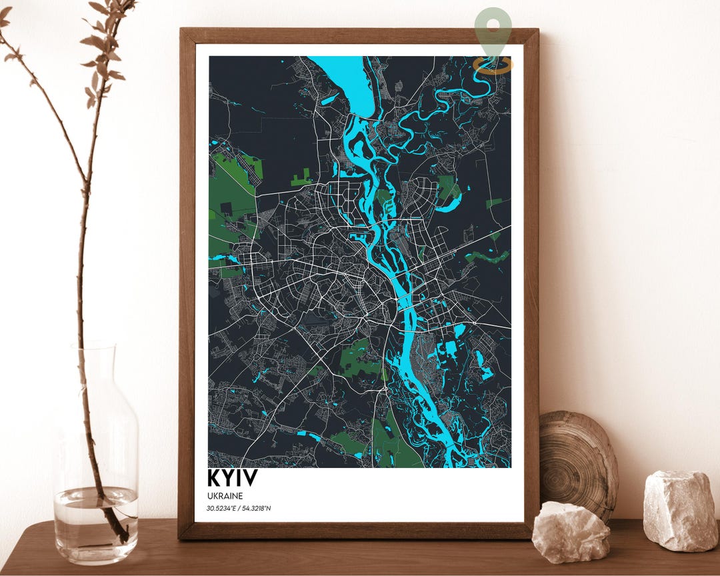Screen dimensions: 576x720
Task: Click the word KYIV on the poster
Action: pos(232,478)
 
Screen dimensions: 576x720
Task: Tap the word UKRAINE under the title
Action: pos(225,496)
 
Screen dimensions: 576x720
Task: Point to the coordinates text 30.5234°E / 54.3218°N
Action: pos(239,509)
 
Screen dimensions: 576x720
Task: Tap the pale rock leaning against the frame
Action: pos(570,531)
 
